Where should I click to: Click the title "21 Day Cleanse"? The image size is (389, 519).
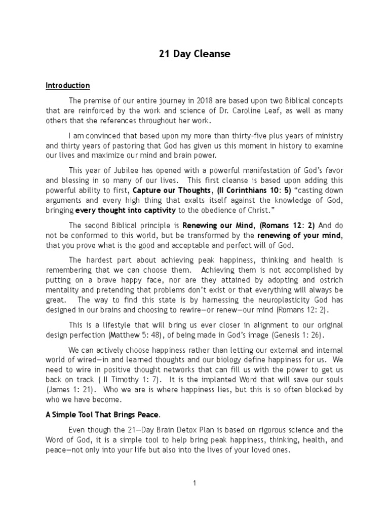point(194,55)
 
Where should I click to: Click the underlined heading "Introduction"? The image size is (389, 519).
point(67,86)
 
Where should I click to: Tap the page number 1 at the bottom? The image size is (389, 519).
point(194,483)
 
